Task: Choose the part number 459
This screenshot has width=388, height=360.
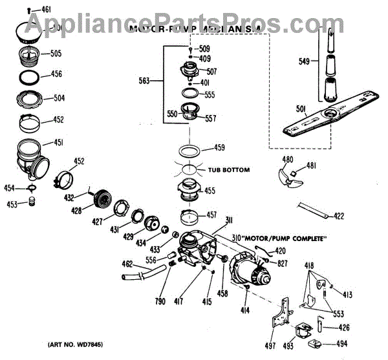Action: click(219, 148)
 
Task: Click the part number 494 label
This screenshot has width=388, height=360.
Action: click(339, 344)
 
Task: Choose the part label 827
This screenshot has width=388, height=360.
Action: click(282, 264)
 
